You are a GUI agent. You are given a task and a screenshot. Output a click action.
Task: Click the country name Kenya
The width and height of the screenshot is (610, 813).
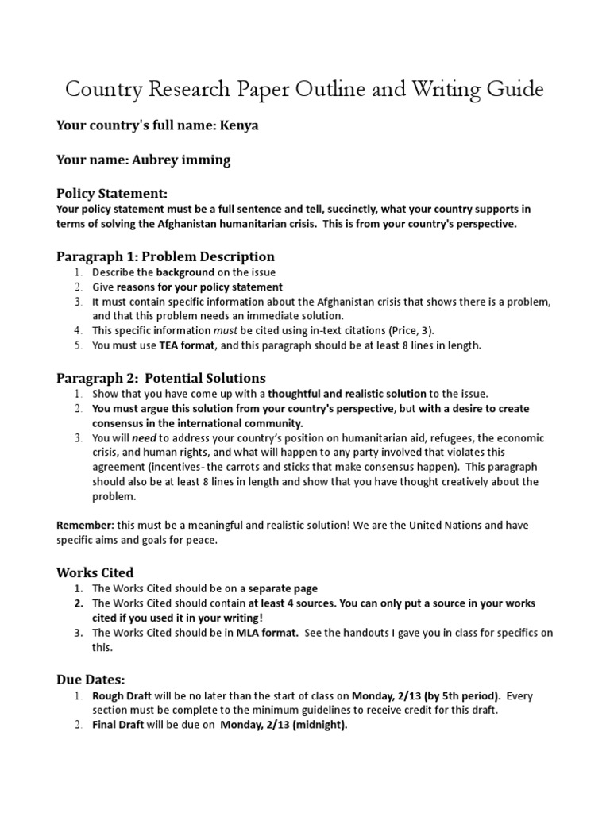click(x=241, y=125)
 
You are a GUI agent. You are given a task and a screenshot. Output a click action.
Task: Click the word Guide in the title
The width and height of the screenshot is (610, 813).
click(x=512, y=90)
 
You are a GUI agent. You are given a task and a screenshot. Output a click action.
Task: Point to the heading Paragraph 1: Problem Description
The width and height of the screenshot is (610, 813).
click(x=165, y=256)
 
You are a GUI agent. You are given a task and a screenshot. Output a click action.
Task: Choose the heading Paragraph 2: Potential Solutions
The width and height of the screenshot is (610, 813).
click(x=160, y=377)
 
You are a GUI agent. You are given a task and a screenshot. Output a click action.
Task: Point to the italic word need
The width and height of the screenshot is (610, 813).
click(x=144, y=438)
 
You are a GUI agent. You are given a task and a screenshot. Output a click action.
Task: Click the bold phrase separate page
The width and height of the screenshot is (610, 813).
click(x=283, y=588)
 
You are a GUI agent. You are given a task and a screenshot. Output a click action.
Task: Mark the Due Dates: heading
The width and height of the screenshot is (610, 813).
click(x=90, y=680)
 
